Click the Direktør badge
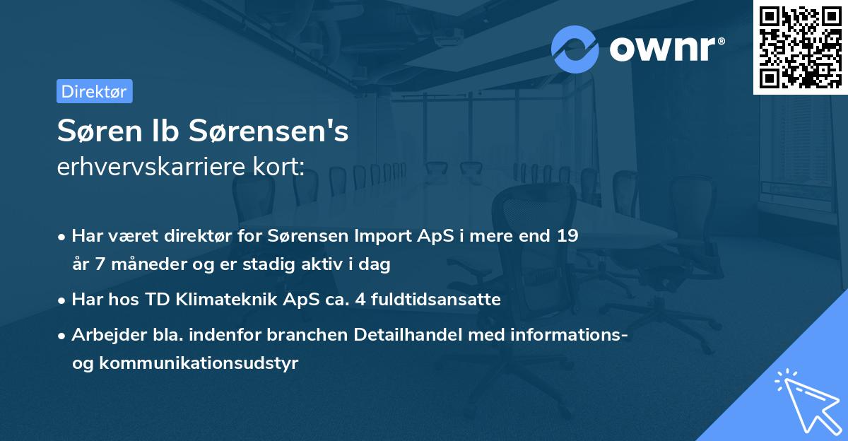(x=94, y=91)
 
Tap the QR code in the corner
(x=800, y=47)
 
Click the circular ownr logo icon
(x=575, y=49)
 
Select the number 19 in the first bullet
(x=567, y=236)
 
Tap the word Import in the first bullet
(x=353, y=236)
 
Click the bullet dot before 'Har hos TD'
(x=62, y=300)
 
